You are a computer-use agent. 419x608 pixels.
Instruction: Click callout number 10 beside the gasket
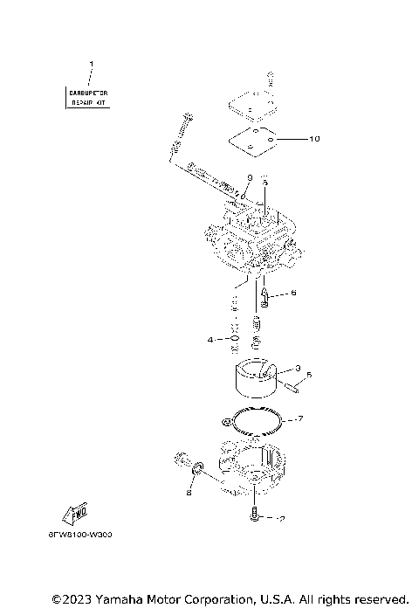pyautogui.click(x=291, y=139)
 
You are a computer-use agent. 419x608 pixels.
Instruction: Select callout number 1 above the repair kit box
pyautogui.click(x=90, y=64)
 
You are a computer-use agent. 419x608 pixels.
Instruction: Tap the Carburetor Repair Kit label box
pyautogui.click(x=90, y=96)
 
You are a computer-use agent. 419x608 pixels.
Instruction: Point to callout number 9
pyautogui.click(x=249, y=177)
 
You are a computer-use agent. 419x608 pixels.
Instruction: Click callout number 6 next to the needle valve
pyautogui.click(x=293, y=294)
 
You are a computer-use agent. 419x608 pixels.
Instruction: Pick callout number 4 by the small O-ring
pyautogui.click(x=210, y=339)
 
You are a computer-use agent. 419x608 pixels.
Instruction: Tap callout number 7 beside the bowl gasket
pyautogui.click(x=299, y=419)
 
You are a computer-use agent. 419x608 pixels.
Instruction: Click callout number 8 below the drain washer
pyautogui.click(x=188, y=493)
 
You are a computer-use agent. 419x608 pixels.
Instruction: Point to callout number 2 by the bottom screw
pyautogui.click(x=282, y=519)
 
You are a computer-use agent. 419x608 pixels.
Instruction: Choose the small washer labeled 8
pyautogui.click(x=198, y=471)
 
